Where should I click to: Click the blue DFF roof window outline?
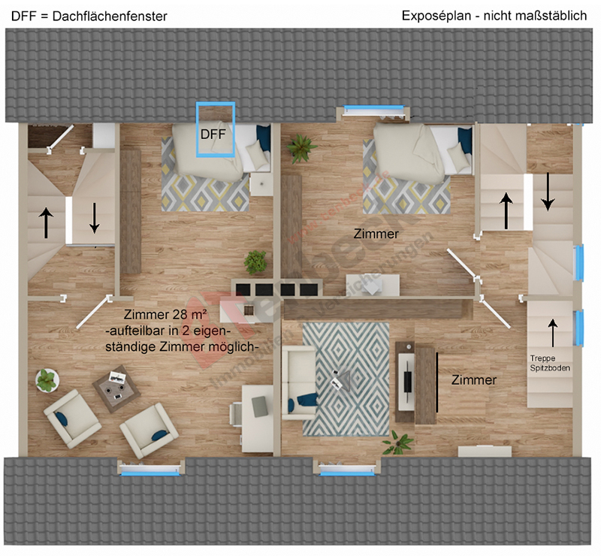[x=216, y=128]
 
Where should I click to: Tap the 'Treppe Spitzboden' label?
[x=550, y=364]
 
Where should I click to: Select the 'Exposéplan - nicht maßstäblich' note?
[x=494, y=15]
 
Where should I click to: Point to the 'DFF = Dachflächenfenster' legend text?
[x=89, y=15]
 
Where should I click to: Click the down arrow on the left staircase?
[x=95, y=218]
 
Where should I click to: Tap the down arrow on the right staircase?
[x=549, y=192]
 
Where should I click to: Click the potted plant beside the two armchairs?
[x=47, y=380]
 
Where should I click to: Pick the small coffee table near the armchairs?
[x=113, y=387]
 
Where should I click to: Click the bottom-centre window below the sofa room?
[x=347, y=470]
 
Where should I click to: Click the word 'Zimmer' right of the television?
[x=473, y=380]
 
